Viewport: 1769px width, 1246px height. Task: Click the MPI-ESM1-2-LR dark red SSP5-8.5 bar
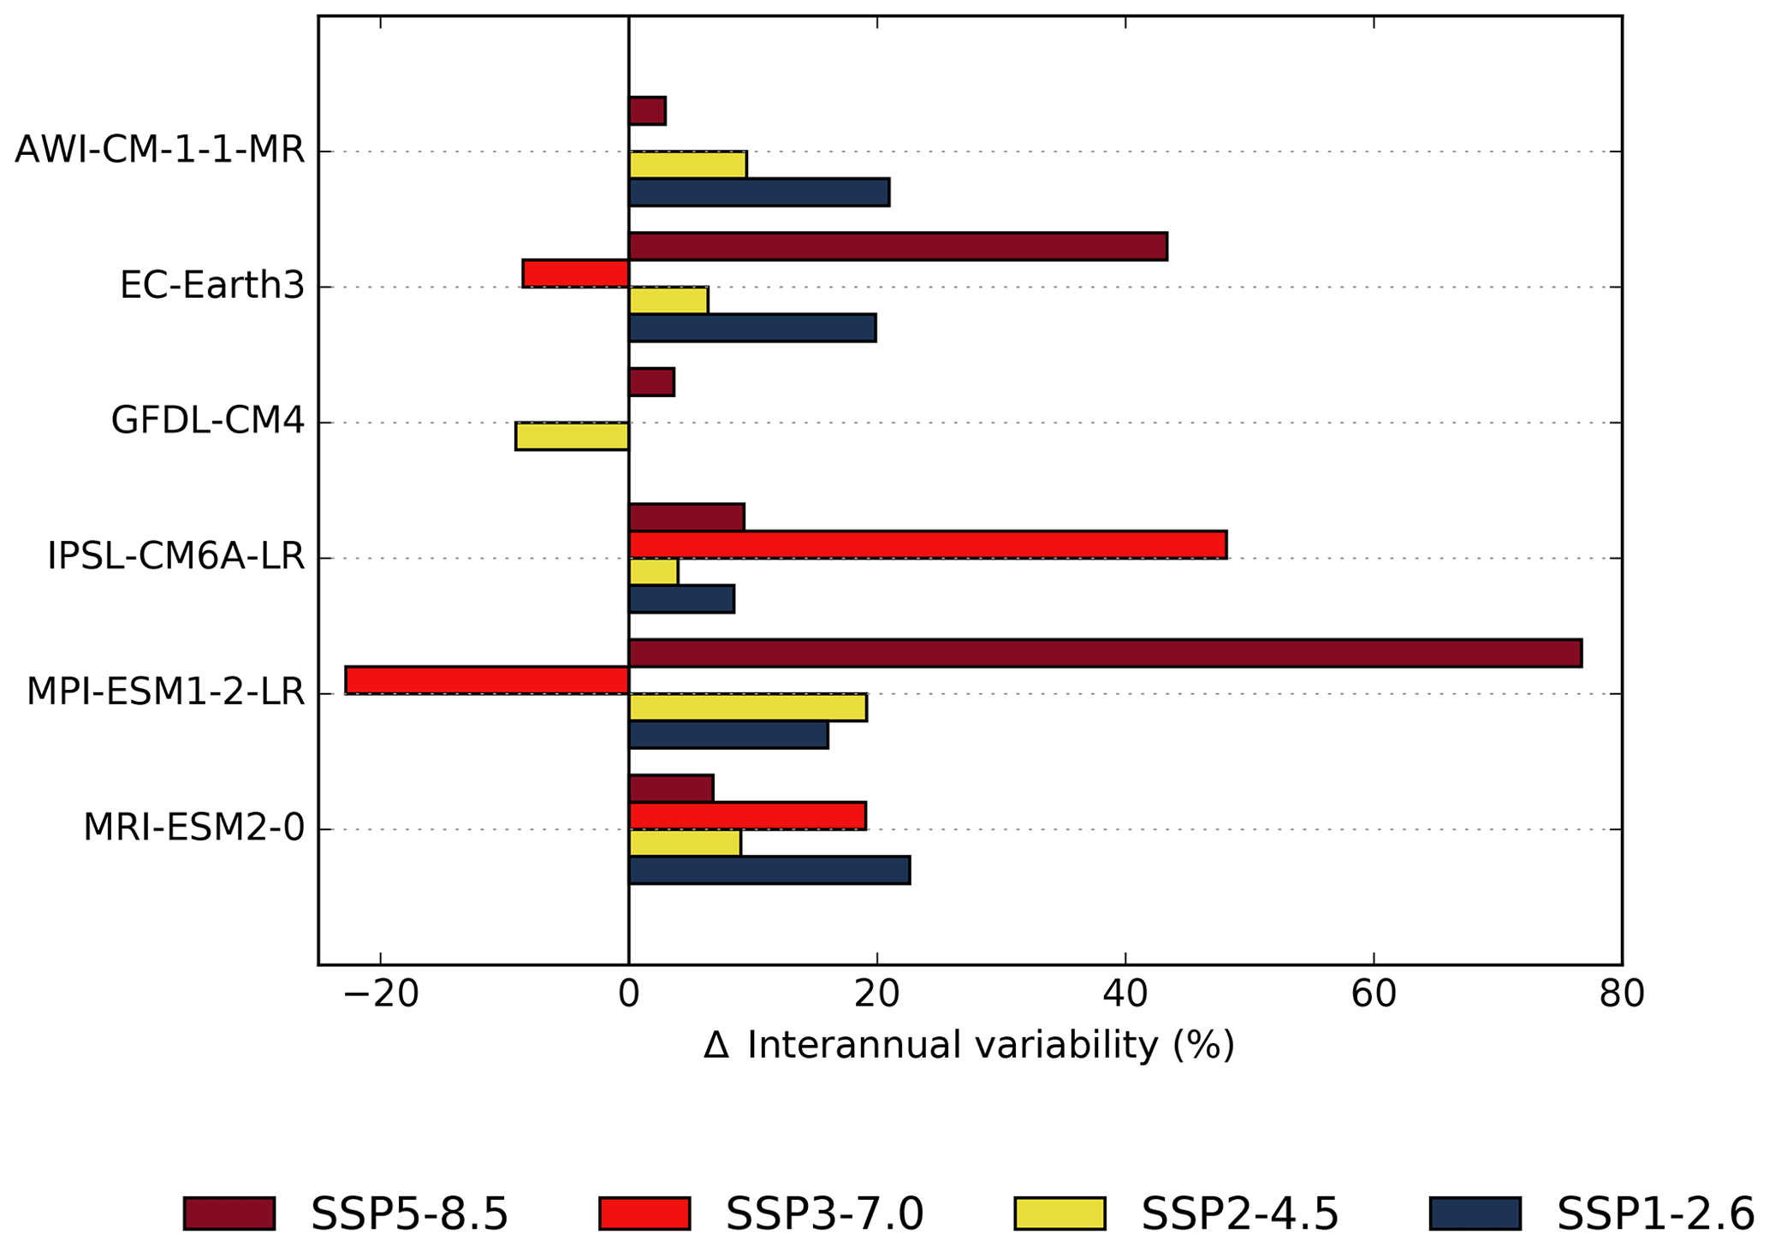tap(1104, 653)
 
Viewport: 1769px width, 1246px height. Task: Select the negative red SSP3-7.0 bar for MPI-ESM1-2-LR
tap(487, 680)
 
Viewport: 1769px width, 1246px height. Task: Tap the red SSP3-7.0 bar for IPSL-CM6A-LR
tap(927, 545)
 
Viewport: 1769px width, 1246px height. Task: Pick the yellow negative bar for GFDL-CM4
tap(572, 436)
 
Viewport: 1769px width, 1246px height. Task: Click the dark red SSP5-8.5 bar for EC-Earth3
tap(898, 246)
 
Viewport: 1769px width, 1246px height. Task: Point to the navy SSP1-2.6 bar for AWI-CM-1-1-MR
tap(759, 193)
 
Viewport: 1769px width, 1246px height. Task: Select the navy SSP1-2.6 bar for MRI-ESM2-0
tap(769, 870)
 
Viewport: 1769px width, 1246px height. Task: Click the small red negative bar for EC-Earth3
tap(576, 274)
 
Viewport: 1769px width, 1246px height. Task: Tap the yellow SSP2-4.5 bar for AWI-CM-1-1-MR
tap(687, 164)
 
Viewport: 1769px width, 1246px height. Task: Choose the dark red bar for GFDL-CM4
tap(651, 382)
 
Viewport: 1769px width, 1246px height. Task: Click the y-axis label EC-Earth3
tap(211, 286)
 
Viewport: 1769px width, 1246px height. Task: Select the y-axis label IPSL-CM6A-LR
tap(175, 557)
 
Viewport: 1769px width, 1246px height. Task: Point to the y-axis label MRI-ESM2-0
tap(193, 828)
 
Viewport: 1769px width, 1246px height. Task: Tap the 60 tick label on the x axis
tap(1373, 995)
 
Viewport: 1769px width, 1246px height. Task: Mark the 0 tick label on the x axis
tap(629, 995)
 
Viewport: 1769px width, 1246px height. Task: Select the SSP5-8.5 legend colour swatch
tap(229, 1213)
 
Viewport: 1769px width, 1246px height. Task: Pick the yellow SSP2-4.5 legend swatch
tap(1060, 1213)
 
